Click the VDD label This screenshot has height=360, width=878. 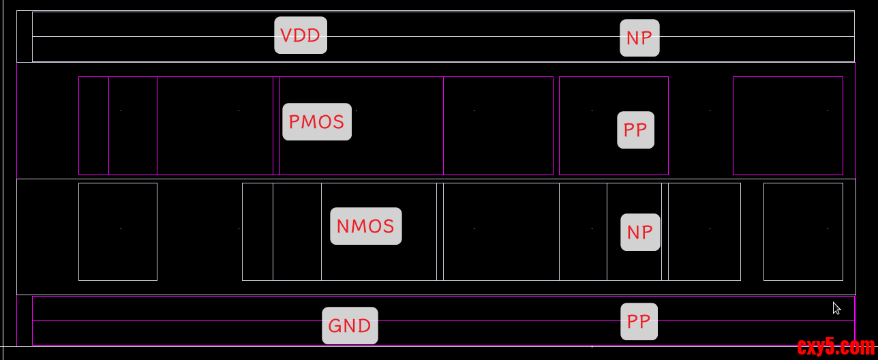pos(301,35)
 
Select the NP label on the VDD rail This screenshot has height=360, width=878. pos(639,38)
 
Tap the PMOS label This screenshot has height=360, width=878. pos(317,122)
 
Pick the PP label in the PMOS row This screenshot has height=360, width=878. pos(635,130)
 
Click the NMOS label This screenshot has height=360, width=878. pos(365,226)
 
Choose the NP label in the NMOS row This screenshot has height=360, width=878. pos(640,232)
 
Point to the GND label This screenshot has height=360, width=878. pos(350,326)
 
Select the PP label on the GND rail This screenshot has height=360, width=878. pos(639,322)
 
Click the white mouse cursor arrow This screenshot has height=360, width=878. pos(836,308)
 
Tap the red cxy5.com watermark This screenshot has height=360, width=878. pos(835,348)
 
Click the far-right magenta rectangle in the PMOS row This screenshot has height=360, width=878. pos(788,125)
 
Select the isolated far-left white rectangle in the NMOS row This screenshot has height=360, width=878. pos(118,232)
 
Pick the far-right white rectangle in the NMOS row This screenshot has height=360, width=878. pos(803,232)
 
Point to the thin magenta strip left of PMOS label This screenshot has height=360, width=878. pos(277,125)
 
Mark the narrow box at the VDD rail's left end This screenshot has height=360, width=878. pos(25,36)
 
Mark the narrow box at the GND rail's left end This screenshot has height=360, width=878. pos(25,320)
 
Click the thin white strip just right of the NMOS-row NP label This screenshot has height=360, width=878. pos(665,232)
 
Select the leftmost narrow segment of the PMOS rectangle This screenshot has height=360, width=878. pos(93,125)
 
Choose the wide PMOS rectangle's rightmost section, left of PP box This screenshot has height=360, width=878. pos(498,125)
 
